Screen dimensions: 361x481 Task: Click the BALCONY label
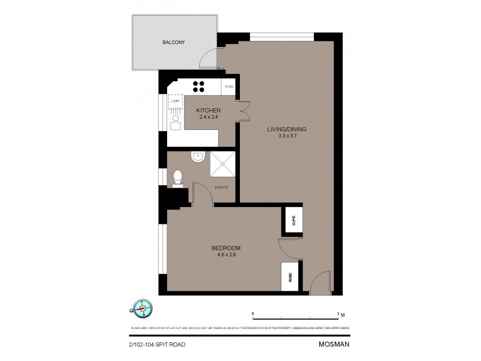(173, 43)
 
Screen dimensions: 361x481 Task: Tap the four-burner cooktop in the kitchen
(200, 85)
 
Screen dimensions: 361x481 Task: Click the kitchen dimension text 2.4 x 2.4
(209, 117)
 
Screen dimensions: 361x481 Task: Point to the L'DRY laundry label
(176, 100)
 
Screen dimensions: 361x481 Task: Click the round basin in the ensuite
(197, 157)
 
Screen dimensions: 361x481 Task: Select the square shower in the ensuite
(222, 164)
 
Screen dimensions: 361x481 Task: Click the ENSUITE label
(222, 187)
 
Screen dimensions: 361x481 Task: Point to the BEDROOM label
(226, 248)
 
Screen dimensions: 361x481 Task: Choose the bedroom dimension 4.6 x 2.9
(226, 255)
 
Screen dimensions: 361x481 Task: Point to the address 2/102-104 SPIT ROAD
(158, 345)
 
